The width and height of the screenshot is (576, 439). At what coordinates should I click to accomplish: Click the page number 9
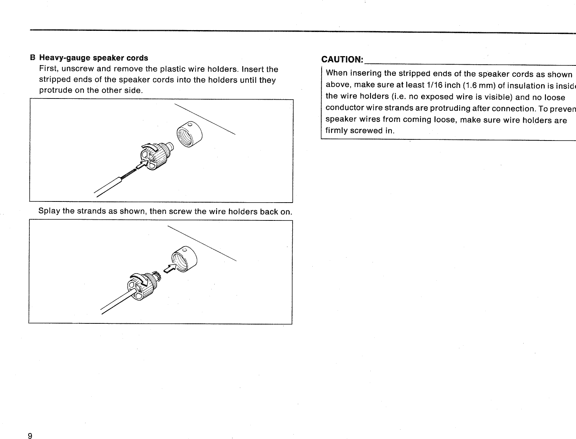click(30, 436)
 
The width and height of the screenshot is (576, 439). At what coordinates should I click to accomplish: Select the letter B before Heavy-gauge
click(33, 58)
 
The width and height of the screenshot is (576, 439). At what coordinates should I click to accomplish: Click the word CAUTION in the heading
click(342, 60)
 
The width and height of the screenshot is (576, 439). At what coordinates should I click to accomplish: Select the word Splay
click(49, 211)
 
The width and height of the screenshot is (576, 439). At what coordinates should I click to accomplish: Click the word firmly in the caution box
click(336, 131)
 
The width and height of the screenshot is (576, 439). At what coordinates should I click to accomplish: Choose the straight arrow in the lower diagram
click(170, 269)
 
